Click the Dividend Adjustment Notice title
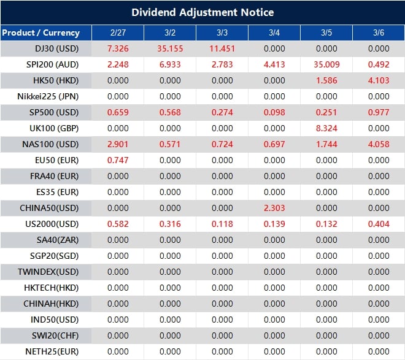click(x=202, y=12)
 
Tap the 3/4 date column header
click(x=274, y=33)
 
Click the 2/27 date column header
click(x=117, y=33)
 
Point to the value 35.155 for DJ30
click(x=170, y=48)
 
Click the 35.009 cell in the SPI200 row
click(x=326, y=64)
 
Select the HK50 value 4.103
click(x=379, y=80)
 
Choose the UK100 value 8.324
click(x=326, y=128)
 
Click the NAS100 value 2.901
click(x=117, y=144)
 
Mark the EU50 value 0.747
click(x=117, y=160)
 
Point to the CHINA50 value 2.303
click(x=274, y=208)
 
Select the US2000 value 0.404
click(x=379, y=224)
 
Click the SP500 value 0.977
click(x=379, y=112)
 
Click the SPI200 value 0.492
click(x=379, y=64)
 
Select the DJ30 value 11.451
click(x=222, y=48)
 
